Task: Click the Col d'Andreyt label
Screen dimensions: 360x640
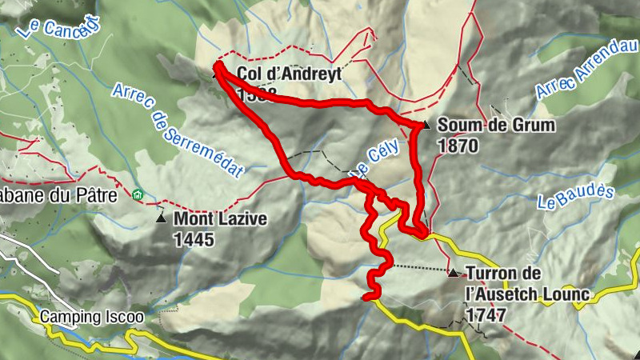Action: tap(289, 74)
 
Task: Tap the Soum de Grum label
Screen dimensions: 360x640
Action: tap(496, 126)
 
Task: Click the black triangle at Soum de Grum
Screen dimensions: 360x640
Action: tap(426, 125)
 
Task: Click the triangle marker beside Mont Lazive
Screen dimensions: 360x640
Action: tap(162, 218)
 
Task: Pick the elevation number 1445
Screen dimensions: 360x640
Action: tap(194, 238)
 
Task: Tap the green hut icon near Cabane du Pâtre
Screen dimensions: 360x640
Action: tap(138, 194)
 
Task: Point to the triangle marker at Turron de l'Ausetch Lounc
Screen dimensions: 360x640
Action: tap(454, 274)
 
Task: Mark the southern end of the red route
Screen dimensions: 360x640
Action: tap(366, 298)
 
